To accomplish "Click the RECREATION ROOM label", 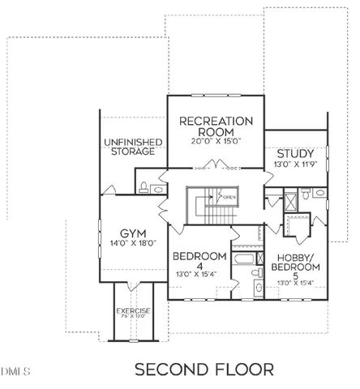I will [x=216, y=126].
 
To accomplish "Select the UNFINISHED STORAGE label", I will [x=134, y=147].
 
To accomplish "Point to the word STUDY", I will [x=295, y=154].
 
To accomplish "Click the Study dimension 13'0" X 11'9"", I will [x=295, y=165].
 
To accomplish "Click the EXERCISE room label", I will [x=132, y=310].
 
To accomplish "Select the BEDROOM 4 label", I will [x=199, y=263].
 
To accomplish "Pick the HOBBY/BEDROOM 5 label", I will [x=295, y=263].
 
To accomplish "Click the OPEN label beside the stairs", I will [x=229, y=197].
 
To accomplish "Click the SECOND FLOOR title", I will [x=204, y=370].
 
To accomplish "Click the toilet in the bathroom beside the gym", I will [x=144, y=187].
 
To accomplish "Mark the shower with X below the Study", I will [x=291, y=201].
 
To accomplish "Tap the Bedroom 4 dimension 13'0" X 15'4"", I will [x=199, y=275].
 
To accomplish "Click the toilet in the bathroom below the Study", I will [x=306, y=194].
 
